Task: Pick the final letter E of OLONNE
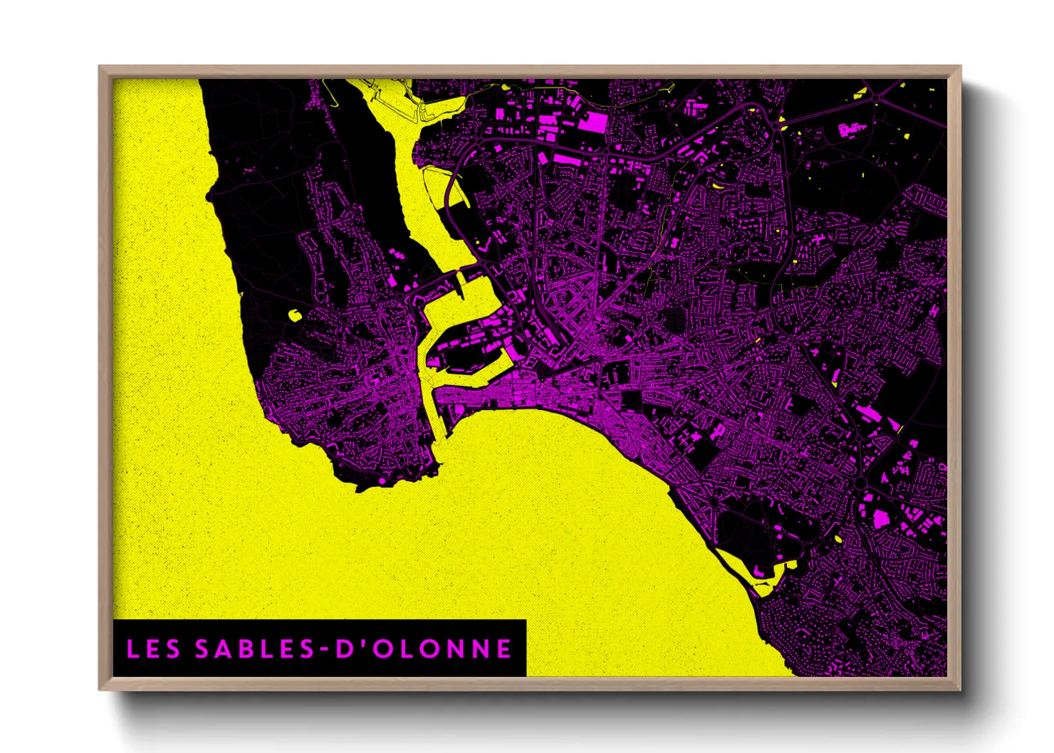point(504,648)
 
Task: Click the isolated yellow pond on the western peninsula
point(293,315)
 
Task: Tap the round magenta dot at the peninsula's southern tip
point(382,481)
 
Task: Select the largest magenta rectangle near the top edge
point(593,122)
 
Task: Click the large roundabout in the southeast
point(860,483)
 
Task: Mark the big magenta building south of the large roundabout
point(881,520)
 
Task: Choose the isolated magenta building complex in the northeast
point(852,129)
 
